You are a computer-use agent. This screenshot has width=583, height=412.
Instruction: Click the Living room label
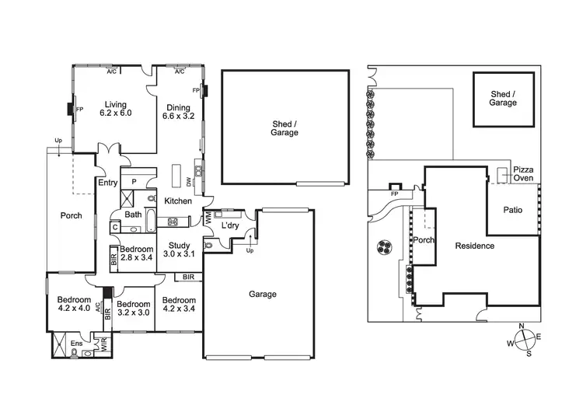(115, 108)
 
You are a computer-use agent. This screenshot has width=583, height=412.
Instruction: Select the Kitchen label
(178, 201)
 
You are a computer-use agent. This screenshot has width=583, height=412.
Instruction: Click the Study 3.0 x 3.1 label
(179, 249)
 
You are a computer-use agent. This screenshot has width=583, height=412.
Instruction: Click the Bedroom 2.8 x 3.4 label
(137, 253)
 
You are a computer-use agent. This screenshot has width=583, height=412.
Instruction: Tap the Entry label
(106, 183)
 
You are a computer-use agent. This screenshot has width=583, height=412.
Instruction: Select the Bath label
(133, 215)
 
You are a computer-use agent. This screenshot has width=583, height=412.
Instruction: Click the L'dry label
(229, 225)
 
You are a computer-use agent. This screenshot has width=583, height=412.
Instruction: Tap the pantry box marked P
(134, 181)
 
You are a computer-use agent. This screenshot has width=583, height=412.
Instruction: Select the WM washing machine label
(208, 221)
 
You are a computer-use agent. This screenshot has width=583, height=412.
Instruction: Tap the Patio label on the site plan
(512, 210)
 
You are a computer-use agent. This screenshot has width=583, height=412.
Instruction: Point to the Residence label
(474, 246)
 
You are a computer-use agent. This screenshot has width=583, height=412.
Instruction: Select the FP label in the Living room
(79, 110)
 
